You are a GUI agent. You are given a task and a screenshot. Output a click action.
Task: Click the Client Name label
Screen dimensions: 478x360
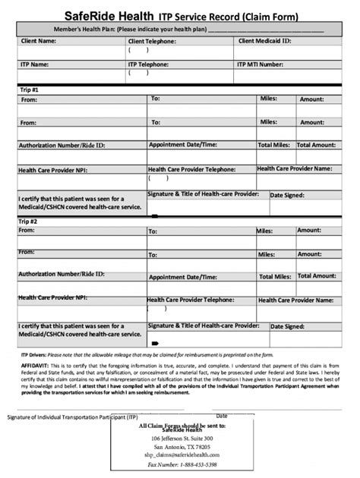point(38,41)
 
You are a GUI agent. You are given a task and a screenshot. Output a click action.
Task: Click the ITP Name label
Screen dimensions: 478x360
point(35,65)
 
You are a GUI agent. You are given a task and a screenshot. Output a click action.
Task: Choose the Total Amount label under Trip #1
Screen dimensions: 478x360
point(316,145)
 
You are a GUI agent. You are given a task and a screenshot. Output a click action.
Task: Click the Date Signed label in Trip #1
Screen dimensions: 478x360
point(288,195)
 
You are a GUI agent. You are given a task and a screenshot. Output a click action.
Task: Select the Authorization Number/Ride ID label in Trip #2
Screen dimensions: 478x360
point(62,273)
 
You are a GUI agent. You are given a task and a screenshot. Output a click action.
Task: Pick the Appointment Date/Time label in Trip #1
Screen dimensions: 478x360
point(183,144)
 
